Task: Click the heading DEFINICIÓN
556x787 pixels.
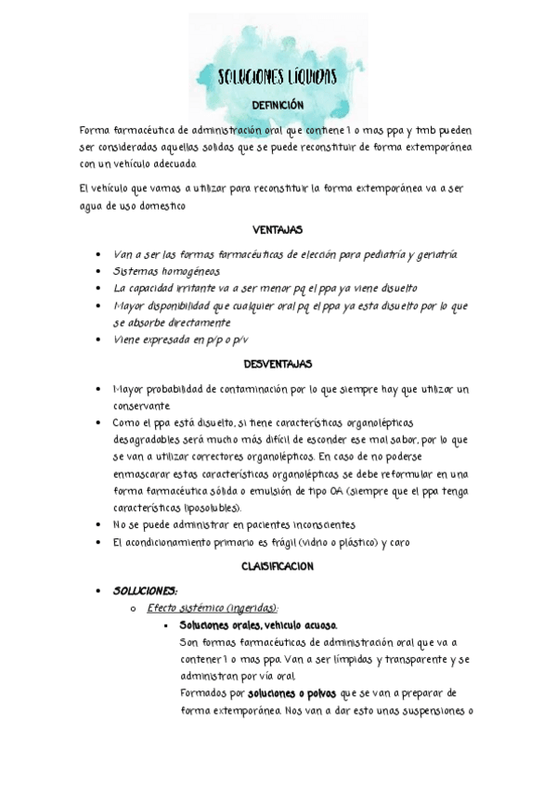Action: [x=278, y=105]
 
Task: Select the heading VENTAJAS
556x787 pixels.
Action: [x=278, y=229]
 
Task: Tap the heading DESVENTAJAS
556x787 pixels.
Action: [x=278, y=364]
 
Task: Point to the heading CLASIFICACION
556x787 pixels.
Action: [x=278, y=565]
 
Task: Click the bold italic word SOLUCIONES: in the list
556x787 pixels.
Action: [x=145, y=590]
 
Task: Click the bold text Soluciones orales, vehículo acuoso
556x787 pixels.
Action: [x=259, y=625]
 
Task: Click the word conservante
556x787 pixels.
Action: [x=141, y=406]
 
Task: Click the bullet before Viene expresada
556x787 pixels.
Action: [x=99, y=341]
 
